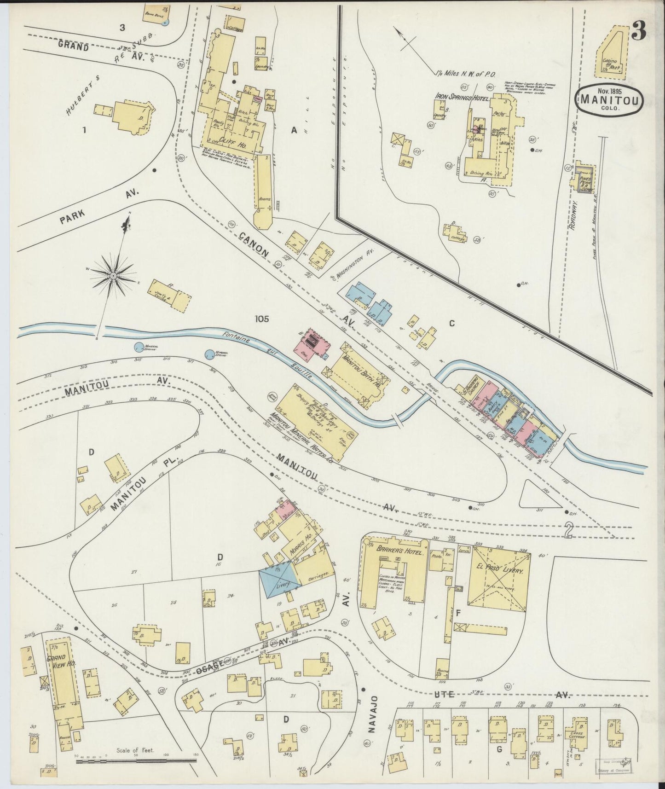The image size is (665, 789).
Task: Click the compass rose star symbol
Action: pos(113,275)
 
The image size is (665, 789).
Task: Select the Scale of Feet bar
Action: pos(136,762)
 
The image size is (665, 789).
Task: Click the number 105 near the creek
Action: pos(260,319)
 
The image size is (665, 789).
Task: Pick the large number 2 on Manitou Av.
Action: pos(569,531)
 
